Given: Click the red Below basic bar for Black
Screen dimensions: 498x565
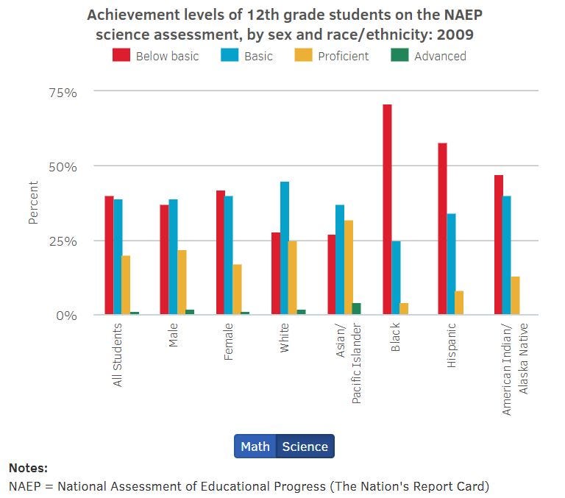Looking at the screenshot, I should [387, 210].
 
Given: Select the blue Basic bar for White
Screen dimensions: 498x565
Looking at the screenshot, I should [285, 248].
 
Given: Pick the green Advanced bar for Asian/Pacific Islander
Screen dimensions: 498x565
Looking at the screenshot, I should [357, 309].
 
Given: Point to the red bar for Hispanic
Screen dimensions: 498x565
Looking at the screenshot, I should [442, 229].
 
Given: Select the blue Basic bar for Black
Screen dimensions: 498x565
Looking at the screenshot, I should [396, 278].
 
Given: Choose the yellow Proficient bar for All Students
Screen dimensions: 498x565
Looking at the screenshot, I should [126, 285].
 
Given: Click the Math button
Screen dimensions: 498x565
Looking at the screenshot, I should [255, 447].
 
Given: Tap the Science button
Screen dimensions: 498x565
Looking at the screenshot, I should [305, 447].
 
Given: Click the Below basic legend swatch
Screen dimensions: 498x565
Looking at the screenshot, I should [121, 56].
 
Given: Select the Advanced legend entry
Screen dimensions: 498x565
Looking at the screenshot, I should [440, 56].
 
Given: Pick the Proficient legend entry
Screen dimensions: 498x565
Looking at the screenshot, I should [343, 56].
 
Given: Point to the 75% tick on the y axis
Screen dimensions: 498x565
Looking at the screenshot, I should [63, 92].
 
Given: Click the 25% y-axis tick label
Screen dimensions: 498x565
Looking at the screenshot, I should [63, 241].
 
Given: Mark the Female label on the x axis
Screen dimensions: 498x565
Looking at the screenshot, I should [230, 341].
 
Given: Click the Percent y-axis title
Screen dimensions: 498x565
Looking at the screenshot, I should [33, 202].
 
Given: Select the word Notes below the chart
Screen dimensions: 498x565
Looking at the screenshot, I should [28, 468].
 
